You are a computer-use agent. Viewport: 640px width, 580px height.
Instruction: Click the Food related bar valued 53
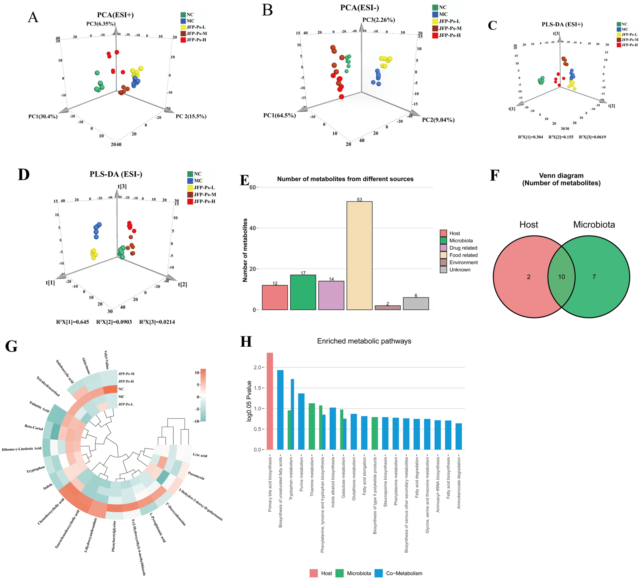click(x=359, y=255)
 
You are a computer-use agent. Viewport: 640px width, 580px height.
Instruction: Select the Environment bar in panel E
click(x=388, y=307)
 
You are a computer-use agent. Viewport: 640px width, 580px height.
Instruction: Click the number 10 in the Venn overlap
click(x=561, y=277)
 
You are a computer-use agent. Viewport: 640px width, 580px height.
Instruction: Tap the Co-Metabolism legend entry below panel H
click(x=404, y=573)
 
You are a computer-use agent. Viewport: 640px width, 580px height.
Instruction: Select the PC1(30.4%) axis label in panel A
click(x=43, y=116)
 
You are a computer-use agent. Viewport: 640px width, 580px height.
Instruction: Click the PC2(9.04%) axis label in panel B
click(x=438, y=120)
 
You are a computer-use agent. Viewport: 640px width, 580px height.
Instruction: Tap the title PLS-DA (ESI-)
click(x=116, y=174)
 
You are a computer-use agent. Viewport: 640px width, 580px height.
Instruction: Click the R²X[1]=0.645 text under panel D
click(x=73, y=322)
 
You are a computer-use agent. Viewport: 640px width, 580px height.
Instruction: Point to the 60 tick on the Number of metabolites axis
click(x=253, y=187)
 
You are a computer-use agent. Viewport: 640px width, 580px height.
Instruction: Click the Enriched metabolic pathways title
click(x=364, y=341)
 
